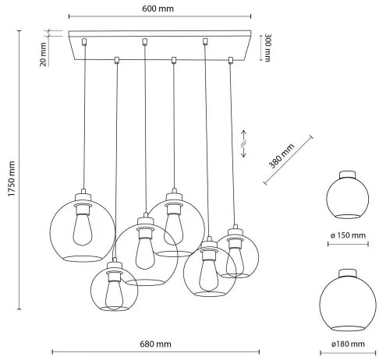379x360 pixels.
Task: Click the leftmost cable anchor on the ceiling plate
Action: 83,40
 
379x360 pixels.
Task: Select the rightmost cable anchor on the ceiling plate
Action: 230,59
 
